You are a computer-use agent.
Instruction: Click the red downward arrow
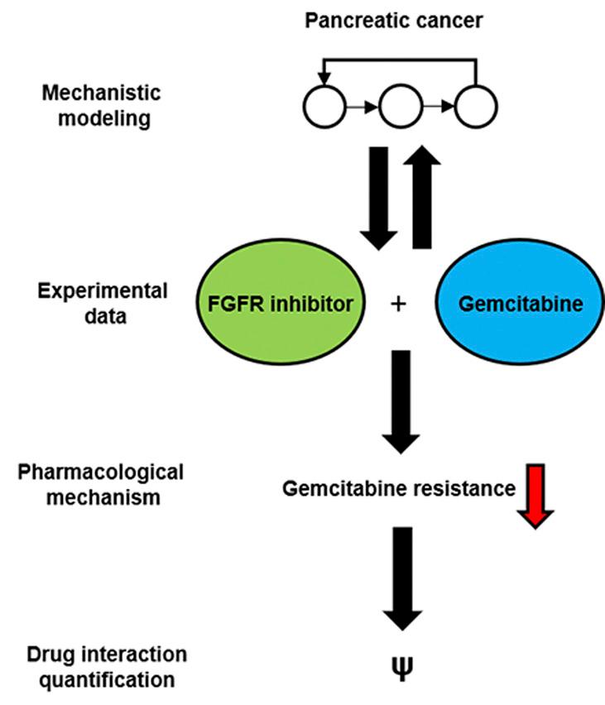pos(535,495)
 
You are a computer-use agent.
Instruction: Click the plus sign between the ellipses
pos(400,305)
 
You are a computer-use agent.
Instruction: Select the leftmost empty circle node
pos(321,106)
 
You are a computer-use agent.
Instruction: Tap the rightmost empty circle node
pos(478,106)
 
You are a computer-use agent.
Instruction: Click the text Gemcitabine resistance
pos(399,488)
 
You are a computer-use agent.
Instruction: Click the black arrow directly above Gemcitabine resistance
pos(401,400)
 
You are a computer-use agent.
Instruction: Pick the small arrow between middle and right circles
pos(439,107)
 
